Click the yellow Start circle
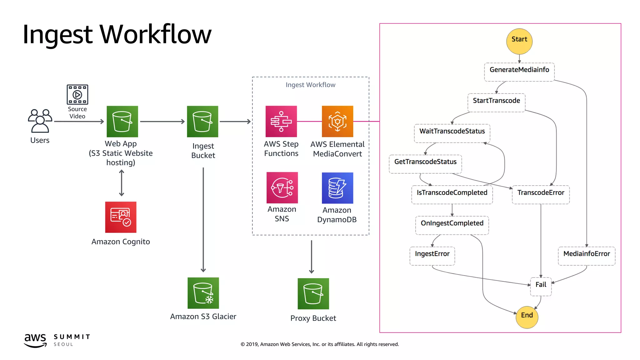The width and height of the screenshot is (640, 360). [519, 41]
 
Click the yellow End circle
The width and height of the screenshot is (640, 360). [527, 317]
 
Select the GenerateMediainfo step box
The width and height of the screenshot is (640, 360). [519, 72]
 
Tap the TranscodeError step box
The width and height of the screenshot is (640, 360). [541, 195]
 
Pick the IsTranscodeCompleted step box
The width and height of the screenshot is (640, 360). [452, 195]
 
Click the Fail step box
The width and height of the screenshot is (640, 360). [541, 286]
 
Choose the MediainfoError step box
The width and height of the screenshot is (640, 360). [586, 256]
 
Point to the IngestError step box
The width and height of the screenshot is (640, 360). [432, 256]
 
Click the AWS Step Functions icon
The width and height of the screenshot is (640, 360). [281, 121]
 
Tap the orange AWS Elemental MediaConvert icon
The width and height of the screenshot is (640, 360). [337, 121]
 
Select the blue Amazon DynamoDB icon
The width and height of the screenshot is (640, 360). [337, 188]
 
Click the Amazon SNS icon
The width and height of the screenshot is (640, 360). [282, 187]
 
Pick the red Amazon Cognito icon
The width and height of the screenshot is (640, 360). [121, 217]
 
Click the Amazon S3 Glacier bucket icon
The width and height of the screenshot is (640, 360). [203, 293]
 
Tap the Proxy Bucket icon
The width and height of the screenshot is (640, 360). [313, 293]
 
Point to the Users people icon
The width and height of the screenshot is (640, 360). [40, 121]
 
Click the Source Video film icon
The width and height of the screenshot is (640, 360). [77, 94]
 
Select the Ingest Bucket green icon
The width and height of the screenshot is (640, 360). [202, 121]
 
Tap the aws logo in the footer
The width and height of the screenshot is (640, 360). [35, 340]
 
